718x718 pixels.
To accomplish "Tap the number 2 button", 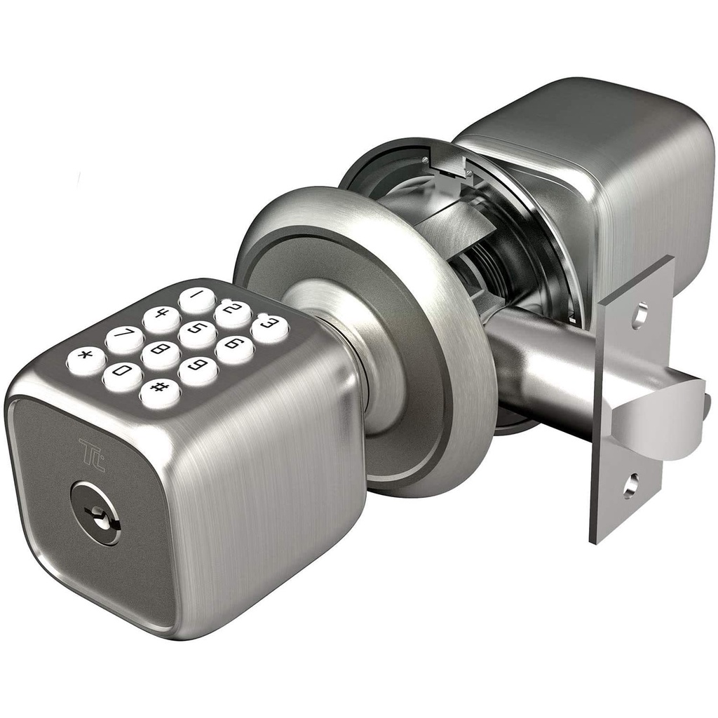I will point(232,314).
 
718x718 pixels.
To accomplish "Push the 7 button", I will point(124,340).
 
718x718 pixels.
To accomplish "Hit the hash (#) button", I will point(159,393).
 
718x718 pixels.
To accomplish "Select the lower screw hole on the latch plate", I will point(630,483).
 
